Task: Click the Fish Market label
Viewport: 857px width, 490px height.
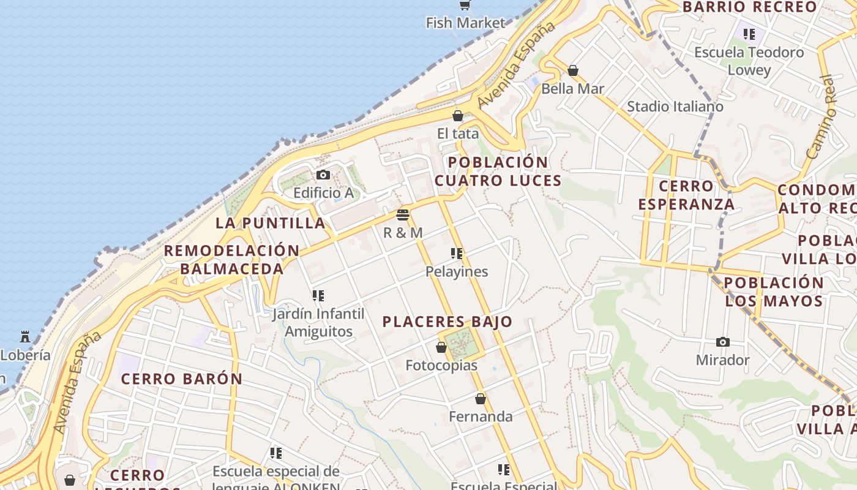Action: point(466,23)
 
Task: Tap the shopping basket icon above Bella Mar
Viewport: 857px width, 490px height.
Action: point(573,70)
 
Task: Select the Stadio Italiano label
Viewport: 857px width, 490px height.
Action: point(675,107)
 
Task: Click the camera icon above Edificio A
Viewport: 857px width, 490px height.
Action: point(323,175)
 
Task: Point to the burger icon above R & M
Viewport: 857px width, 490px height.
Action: point(402,215)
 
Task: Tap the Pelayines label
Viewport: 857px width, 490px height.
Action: point(457,271)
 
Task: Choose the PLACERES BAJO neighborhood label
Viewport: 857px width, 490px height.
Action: point(447,322)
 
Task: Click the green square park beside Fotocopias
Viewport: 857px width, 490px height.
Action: point(465,344)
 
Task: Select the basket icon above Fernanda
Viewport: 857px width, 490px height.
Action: point(481,399)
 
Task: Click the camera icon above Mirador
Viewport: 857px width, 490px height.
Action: point(722,342)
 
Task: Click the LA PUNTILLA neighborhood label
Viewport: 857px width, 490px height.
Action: point(270,223)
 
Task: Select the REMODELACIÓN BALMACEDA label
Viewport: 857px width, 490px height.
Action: point(231,260)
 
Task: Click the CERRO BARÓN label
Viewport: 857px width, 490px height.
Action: point(181,379)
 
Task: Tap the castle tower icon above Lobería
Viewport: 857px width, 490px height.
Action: point(25,337)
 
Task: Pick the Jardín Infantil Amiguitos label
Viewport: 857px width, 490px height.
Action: point(318,323)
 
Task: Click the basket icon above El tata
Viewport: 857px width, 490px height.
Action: point(457,116)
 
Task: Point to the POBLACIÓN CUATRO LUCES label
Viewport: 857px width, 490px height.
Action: point(498,171)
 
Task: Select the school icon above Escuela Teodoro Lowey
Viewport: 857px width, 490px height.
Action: point(749,34)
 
